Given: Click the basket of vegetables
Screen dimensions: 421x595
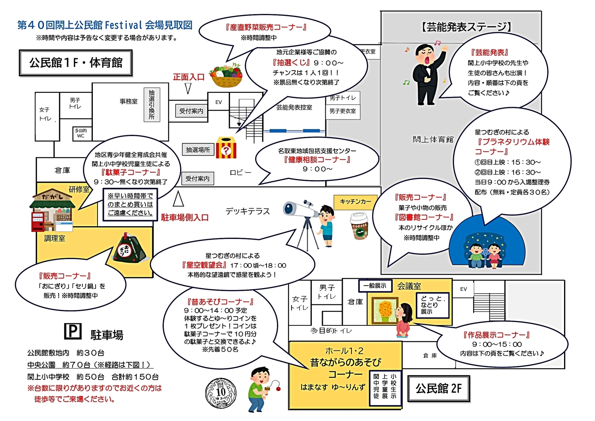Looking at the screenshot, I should click(x=226, y=75).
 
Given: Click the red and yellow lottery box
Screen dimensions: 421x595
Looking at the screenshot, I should click(x=226, y=148).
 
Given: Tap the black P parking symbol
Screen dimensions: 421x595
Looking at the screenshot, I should click(x=73, y=331).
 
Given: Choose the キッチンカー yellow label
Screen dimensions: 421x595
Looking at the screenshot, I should click(x=355, y=202).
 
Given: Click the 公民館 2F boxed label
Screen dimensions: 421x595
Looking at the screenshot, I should click(x=438, y=388).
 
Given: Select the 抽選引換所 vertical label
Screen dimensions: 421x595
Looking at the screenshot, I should click(x=152, y=105).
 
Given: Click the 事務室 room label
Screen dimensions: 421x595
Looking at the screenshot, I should click(x=129, y=102).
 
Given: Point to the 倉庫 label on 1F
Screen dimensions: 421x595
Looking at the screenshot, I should click(x=62, y=170).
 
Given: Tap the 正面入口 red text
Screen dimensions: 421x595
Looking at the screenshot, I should click(x=189, y=77).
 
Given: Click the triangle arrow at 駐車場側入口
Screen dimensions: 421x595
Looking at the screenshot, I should click(x=178, y=199).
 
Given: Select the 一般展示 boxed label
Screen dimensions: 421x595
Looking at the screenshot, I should click(x=375, y=286).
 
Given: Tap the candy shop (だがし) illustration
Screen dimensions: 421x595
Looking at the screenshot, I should click(x=52, y=212).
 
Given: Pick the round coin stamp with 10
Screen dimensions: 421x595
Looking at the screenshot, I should click(x=221, y=392).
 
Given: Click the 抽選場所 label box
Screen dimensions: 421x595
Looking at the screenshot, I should click(x=198, y=150).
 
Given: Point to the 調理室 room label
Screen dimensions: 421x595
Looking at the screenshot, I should click(x=55, y=238).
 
